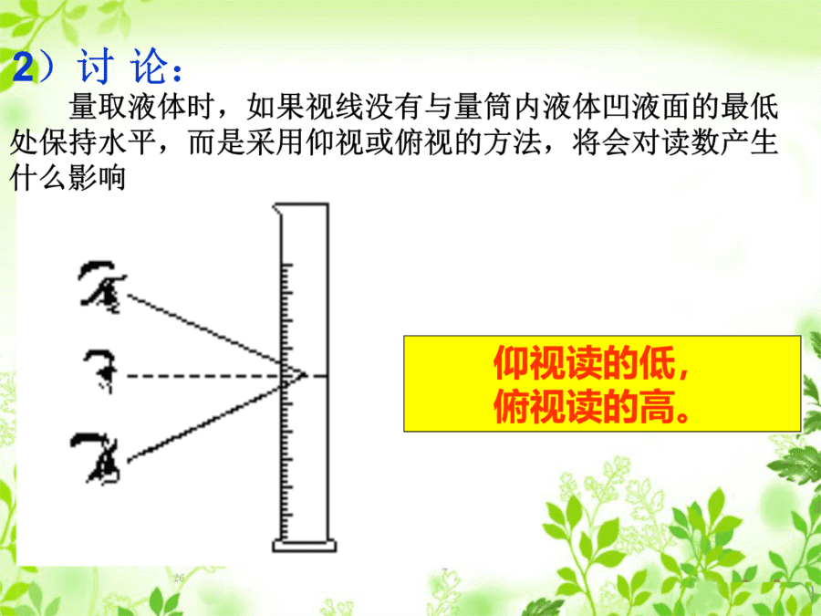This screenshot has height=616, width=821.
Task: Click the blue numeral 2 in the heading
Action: point(23,68)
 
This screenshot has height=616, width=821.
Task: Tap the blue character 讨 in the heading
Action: point(96,66)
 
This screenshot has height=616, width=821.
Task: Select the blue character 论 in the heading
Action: point(150,66)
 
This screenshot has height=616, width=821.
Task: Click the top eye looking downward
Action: point(102,287)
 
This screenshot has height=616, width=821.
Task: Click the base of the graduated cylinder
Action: point(304,546)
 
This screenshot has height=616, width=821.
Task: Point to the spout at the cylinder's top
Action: point(276,208)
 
